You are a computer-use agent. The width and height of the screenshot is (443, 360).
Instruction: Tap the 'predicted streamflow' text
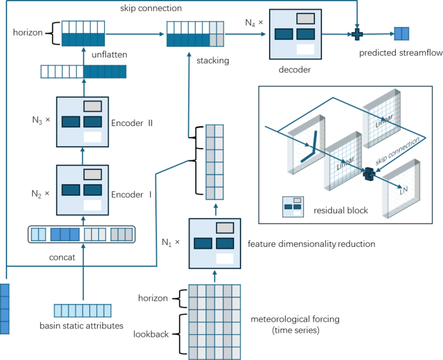coord(400,52)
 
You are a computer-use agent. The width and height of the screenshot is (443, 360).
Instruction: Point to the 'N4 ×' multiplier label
coord(254,23)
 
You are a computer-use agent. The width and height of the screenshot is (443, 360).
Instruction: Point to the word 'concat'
coord(61,257)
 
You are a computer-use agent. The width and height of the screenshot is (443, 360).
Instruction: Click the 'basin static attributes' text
coord(81,326)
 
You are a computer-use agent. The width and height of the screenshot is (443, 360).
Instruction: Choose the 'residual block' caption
coord(340,210)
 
